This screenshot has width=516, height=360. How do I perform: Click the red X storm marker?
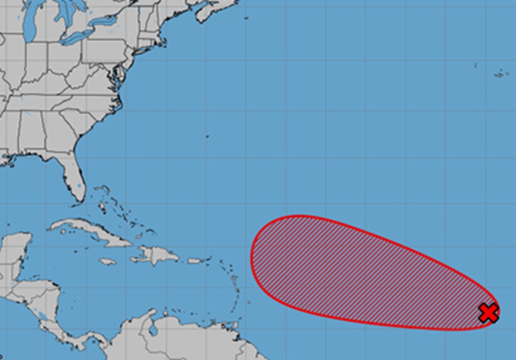coord(488,313)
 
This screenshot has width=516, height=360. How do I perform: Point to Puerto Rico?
coord(196,261)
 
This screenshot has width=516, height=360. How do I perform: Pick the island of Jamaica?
coord(107,261)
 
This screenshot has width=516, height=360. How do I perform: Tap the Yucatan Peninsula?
coord(17,246)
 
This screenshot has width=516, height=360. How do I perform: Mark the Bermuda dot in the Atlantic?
coord(207,136)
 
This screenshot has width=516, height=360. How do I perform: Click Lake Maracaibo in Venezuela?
coord(153,329)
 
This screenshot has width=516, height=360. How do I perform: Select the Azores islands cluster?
coord(501,73)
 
